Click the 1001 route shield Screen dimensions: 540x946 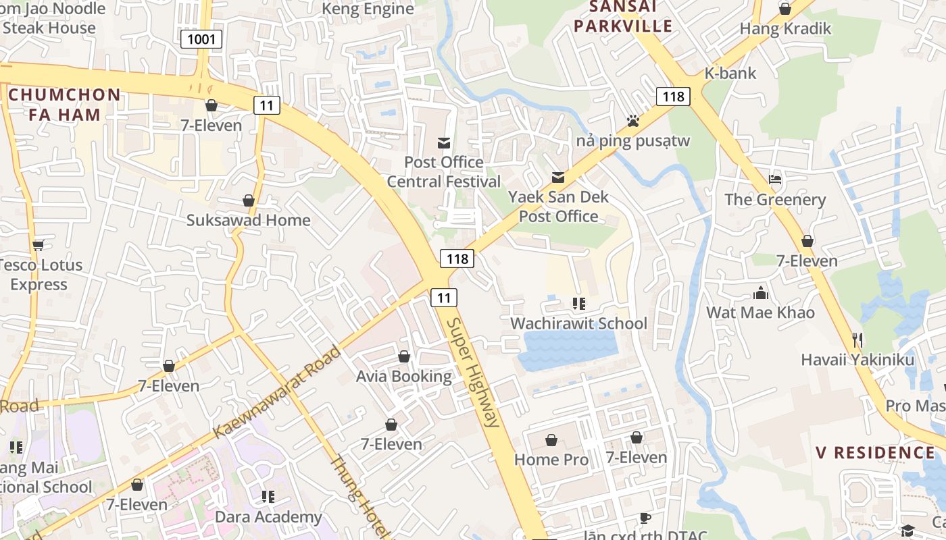click(201, 39)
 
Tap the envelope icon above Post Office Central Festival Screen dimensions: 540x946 click(444, 142)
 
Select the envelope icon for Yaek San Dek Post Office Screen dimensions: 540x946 click(558, 178)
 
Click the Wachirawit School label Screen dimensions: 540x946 click(578, 323)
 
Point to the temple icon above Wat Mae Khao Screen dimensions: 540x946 click(761, 293)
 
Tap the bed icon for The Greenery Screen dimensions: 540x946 click(775, 180)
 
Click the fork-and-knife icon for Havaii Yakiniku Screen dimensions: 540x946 click(857, 340)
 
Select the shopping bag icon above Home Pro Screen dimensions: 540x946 click(551, 440)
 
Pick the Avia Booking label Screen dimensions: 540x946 click(404, 376)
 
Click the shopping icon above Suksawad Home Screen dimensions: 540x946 click(249, 200)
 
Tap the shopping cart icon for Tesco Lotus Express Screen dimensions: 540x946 click(39, 245)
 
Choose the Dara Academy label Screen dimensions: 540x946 click(268, 517)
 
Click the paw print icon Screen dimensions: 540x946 click(632, 121)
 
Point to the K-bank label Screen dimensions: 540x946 click(730, 73)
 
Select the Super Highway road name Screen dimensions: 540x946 click(474, 372)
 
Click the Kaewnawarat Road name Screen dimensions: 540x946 click(278, 392)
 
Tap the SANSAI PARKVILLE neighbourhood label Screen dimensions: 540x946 click(631, 17)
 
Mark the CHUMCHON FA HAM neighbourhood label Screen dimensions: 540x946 click(64, 105)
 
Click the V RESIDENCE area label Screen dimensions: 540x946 click(875, 452)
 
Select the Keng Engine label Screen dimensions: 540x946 click(368, 9)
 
